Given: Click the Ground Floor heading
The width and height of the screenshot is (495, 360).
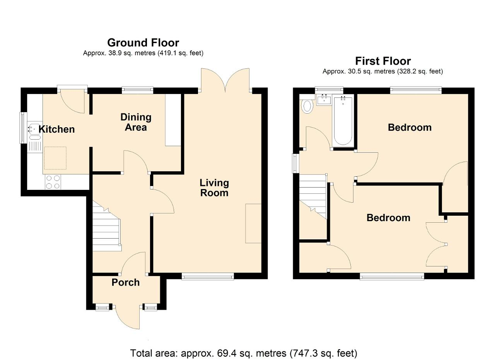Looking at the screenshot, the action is coord(143,43).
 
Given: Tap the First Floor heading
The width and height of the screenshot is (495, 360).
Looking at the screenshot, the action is coord(383,61).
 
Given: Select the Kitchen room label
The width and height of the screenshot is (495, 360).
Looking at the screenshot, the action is coord(56,129).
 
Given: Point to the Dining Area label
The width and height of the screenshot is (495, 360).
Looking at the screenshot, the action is coord(136,122).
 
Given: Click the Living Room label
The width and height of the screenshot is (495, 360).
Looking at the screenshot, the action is coord(214,188).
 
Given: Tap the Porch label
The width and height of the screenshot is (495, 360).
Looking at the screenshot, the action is coord(126,282).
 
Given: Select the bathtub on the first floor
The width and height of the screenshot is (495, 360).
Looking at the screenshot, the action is coord(343,121).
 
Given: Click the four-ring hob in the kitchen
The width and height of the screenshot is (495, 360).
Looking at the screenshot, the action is coord(53,182).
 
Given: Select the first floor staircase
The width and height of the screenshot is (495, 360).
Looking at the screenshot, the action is coord(313,197).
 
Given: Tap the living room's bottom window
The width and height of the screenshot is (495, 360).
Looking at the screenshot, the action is coord(208,276).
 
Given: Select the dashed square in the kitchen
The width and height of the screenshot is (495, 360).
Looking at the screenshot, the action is coord(55,158).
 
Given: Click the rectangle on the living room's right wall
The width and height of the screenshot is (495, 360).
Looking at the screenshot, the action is coord(253,224).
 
